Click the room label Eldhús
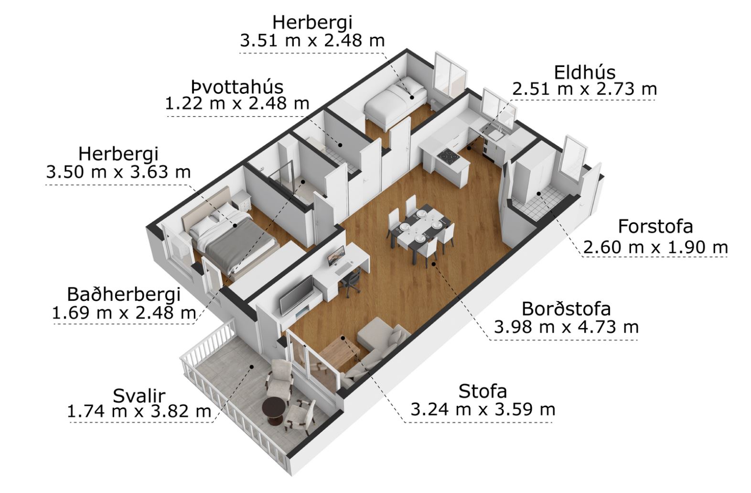pos(585,73)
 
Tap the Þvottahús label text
pos(237,87)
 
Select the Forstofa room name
pos(655,226)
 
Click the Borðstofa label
pos(566,309)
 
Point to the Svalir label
pos(139,396)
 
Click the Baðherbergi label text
pos(124,295)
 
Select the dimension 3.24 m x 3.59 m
pos(483,410)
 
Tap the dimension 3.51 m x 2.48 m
pos(312,41)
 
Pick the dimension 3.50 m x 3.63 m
pos(118,172)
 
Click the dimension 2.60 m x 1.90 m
pos(655,248)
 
